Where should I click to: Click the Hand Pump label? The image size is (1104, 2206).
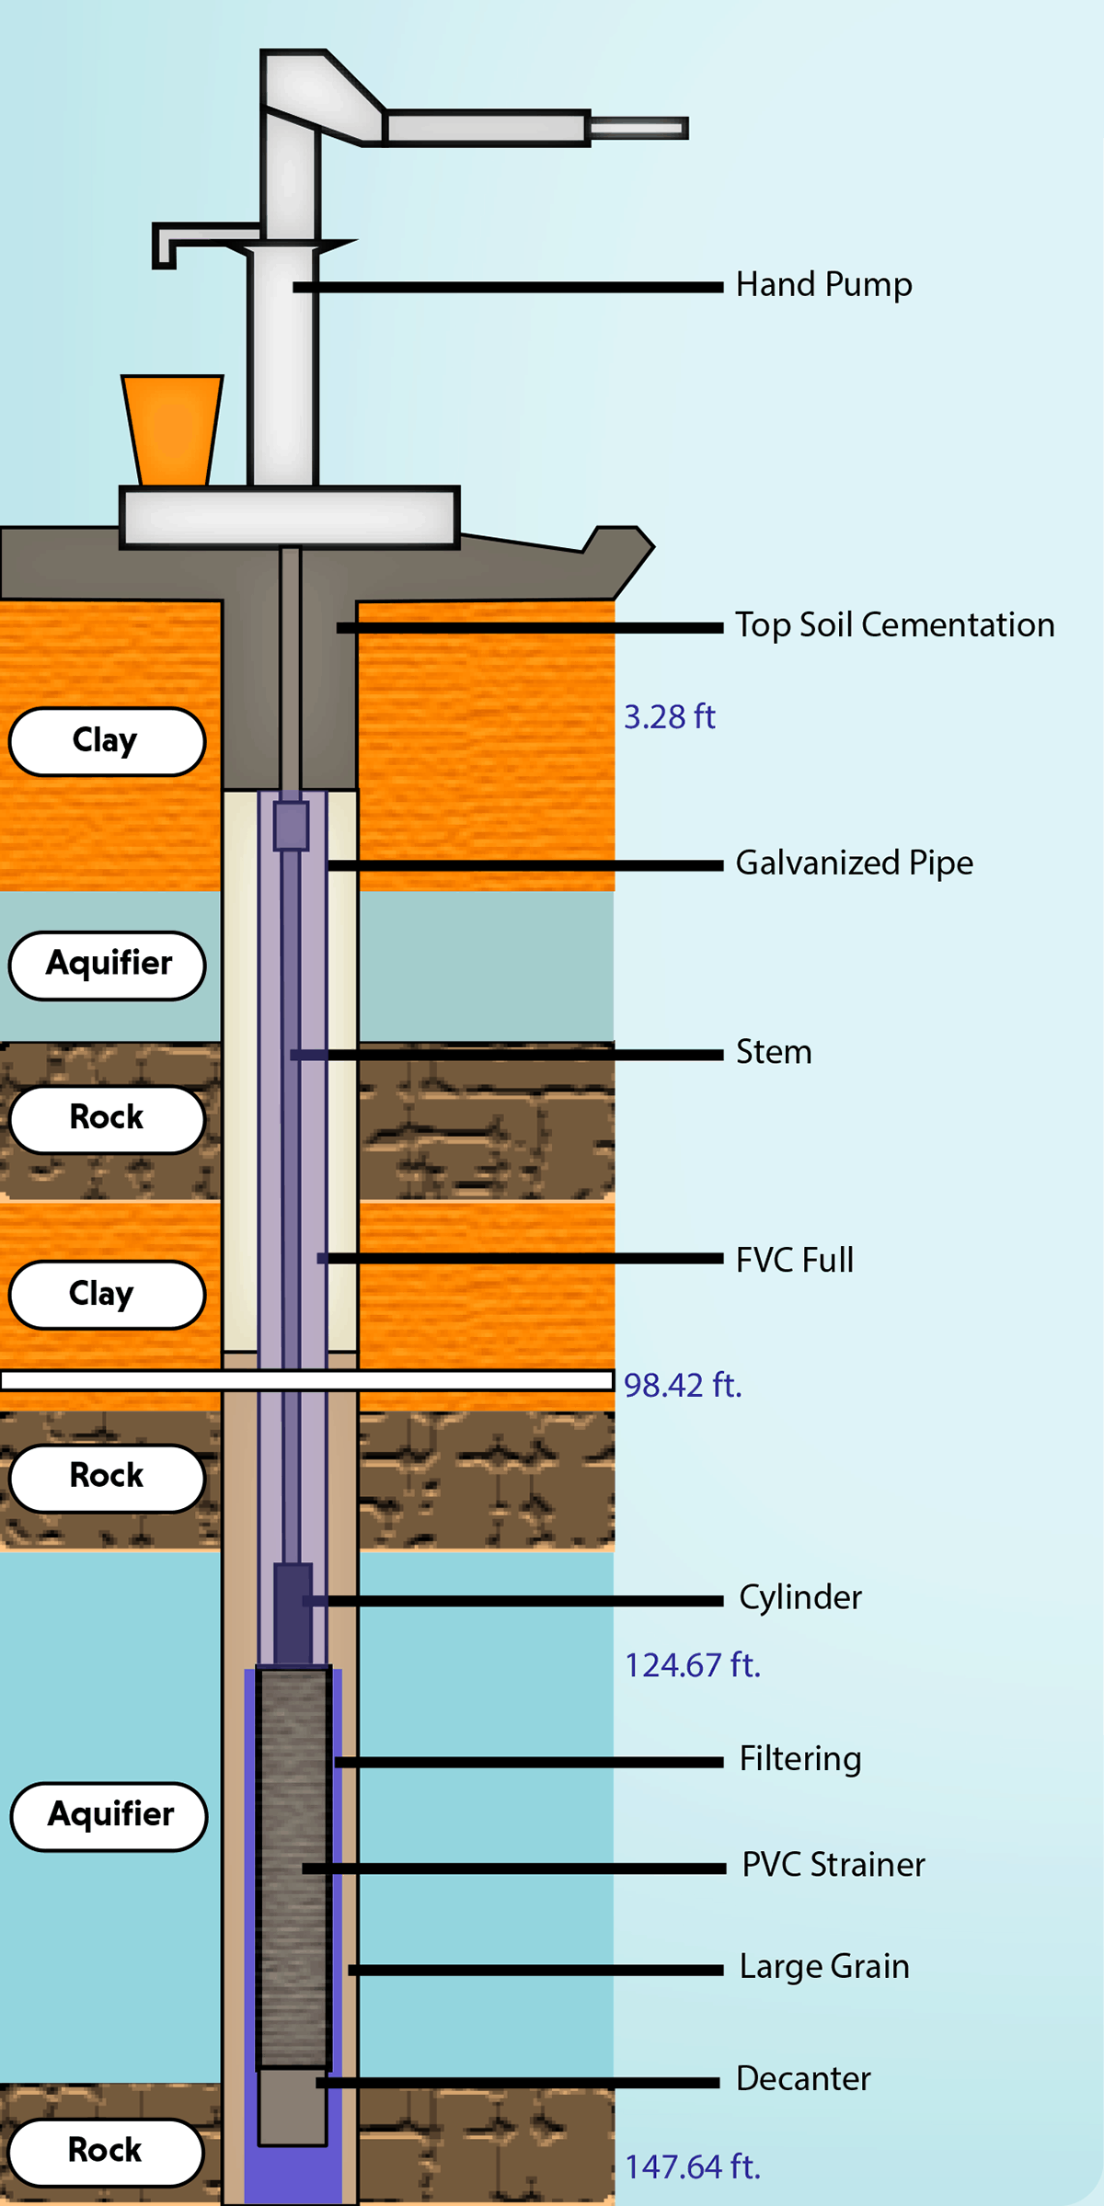pyautogui.click(x=823, y=285)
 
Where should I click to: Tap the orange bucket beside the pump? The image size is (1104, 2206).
pyautogui.click(x=173, y=429)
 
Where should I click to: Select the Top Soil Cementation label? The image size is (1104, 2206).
pyautogui.click(x=894, y=625)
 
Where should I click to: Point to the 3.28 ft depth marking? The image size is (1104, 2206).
pyautogui.click(x=669, y=717)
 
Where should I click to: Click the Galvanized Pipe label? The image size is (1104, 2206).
pyautogui.click(x=854, y=863)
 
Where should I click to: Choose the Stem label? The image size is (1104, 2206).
pyautogui.click(x=774, y=1052)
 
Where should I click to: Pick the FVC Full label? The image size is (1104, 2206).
pyautogui.click(x=795, y=1260)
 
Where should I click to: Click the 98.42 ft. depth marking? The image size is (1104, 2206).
pyautogui.click(x=683, y=1385)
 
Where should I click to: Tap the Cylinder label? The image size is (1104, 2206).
pyautogui.click(x=800, y=1597)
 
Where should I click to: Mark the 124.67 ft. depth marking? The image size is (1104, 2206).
pyautogui.click(x=693, y=1665)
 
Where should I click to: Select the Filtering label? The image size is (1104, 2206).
pyautogui.click(x=800, y=1758)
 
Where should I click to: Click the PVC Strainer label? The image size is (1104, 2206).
pyautogui.click(x=834, y=1864)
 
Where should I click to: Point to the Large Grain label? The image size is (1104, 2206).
pyautogui.click(x=824, y=1966)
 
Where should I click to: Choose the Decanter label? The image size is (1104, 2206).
pyautogui.click(x=803, y=2078)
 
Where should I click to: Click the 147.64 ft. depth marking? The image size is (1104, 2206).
pyautogui.click(x=693, y=2167)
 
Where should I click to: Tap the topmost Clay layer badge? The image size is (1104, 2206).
pyautogui.click(x=107, y=741)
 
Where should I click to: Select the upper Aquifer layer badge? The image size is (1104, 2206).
pyautogui.click(x=108, y=965)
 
